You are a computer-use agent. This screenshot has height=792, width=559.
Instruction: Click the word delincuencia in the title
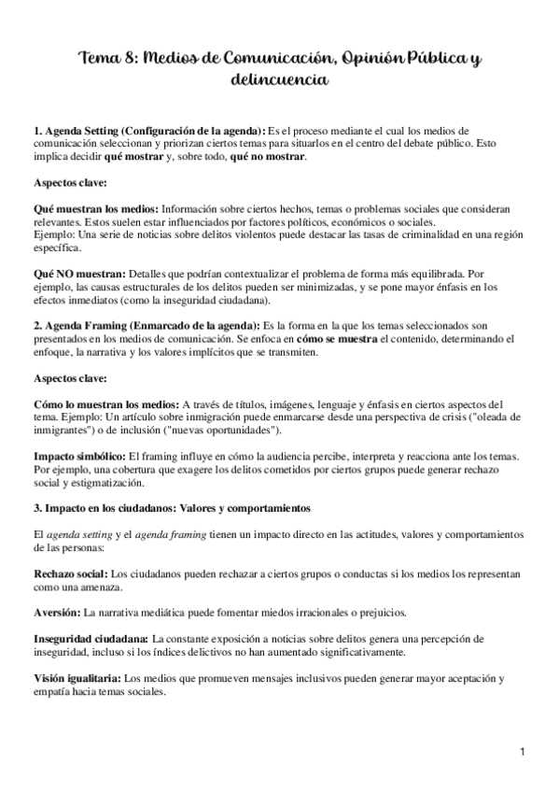279,81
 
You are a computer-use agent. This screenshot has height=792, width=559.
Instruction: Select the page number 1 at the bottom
524,750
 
